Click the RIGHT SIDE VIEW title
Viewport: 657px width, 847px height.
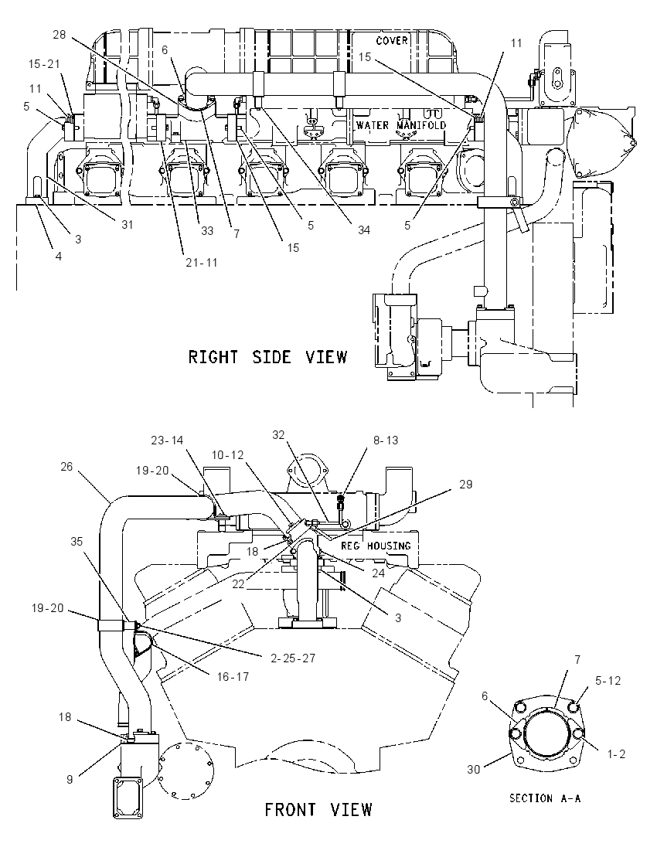tap(267, 357)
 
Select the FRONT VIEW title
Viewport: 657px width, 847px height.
tap(318, 810)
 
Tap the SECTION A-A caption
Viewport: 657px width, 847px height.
tap(545, 798)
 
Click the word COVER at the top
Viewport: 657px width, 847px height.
tap(392, 40)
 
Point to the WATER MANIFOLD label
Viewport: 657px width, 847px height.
tap(401, 125)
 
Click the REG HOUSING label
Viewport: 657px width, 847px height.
tap(376, 546)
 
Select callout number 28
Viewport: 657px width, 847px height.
tap(59, 35)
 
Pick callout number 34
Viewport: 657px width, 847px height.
tap(363, 230)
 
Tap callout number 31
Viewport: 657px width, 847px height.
tap(127, 224)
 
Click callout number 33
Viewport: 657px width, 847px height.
tap(207, 230)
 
